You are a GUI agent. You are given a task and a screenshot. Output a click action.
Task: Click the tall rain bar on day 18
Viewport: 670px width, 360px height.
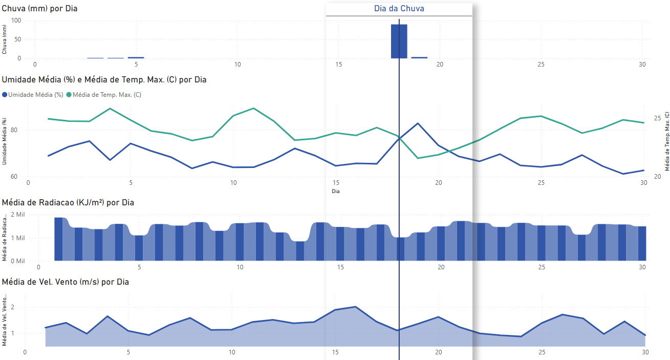pos(399,41)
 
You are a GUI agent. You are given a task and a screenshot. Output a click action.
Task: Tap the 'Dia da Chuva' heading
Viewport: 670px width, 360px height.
pos(399,9)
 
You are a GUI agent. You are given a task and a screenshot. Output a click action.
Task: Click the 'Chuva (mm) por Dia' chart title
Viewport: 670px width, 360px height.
pos(40,9)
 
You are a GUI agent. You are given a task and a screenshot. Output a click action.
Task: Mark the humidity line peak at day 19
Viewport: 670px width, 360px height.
pos(418,123)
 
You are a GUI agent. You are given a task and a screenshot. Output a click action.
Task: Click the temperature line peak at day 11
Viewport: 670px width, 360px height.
pos(254,108)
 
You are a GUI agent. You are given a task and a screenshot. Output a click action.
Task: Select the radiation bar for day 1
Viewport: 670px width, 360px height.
pos(58,239)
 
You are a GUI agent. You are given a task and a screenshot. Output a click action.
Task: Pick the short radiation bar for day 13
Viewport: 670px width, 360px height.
pos(300,250)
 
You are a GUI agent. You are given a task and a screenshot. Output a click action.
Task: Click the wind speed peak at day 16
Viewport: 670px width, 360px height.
pos(356,307)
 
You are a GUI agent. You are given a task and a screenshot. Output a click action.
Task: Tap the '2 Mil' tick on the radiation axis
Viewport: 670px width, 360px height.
pos(29,215)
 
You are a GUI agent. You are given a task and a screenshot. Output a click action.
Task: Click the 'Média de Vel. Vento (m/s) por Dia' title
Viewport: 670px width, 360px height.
pos(66,282)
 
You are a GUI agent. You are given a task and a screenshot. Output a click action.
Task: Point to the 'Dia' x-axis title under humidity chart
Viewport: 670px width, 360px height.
pos(336,192)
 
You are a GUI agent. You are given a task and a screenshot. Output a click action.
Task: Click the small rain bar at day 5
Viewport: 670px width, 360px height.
pos(136,58)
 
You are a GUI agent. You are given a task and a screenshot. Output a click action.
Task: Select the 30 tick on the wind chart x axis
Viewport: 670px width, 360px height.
pos(645,352)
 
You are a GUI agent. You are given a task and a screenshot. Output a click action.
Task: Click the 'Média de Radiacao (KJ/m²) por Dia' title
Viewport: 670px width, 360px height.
pos(68,203)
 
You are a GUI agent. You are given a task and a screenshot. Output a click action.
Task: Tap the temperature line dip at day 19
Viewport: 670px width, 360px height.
pos(418,158)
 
